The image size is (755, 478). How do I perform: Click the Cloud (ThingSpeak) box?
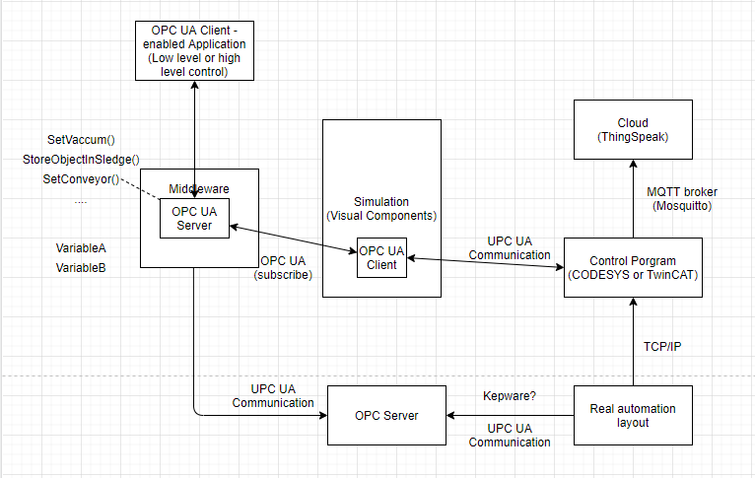(633, 129)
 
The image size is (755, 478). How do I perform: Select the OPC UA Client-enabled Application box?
(194, 50)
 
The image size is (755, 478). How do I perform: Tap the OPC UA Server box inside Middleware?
(194, 218)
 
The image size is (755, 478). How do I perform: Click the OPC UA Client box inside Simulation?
(381, 257)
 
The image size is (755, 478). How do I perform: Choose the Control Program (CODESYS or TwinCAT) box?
(633, 267)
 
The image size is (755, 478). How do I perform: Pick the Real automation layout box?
(633, 415)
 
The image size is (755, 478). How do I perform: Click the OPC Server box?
(386, 415)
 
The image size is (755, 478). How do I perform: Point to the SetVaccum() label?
(81, 140)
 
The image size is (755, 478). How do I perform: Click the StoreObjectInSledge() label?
(81, 160)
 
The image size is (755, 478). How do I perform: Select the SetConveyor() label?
(81, 179)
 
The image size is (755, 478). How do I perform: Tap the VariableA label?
(81, 248)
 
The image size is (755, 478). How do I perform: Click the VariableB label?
(81, 268)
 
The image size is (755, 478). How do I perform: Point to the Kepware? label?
(510, 395)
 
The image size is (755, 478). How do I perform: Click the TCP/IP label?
(662, 347)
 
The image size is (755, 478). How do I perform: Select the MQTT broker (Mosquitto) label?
(682, 199)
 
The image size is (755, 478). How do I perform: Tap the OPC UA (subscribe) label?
(283, 268)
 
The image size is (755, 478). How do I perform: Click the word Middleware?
(199, 188)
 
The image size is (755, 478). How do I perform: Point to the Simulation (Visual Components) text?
(381, 208)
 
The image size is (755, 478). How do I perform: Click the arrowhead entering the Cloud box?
(633, 164)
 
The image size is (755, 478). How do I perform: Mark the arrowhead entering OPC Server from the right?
(450, 415)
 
